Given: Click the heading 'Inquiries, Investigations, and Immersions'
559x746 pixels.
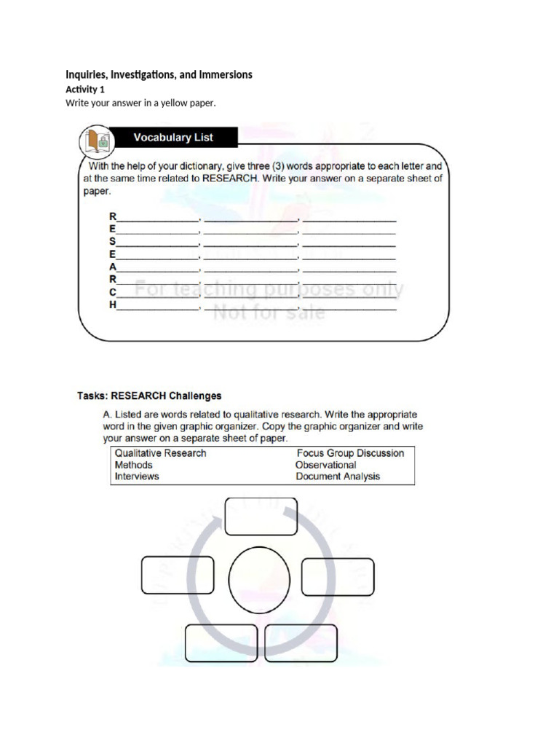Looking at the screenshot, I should pyautogui.click(x=159, y=74).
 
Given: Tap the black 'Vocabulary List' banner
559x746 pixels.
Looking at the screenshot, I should pyautogui.click(x=173, y=137).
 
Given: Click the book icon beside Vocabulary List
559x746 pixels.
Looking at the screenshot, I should pyautogui.click(x=97, y=141).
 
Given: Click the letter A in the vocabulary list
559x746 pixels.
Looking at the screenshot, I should pyautogui.click(x=113, y=267).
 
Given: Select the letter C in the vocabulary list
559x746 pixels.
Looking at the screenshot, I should pyautogui.click(x=113, y=292).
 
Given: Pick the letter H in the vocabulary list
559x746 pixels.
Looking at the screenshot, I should pyautogui.click(x=113, y=305).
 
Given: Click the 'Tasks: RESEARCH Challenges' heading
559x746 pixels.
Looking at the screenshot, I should pyautogui.click(x=149, y=396).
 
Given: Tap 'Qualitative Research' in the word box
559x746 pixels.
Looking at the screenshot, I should pyautogui.click(x=160, y=453).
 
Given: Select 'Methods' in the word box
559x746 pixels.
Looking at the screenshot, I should pyautogui.click(x=134, y=465).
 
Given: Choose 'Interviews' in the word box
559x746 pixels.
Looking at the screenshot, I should pyautogui.click(x=137, y=476).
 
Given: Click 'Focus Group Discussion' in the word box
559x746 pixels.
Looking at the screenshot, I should pyautogui.click(x=350, y=453).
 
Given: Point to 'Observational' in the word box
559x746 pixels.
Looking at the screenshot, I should pyautogui.click(x=325, y=465).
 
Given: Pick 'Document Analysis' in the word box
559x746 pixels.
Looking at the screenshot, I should pyautogui.click(x=338, y=476).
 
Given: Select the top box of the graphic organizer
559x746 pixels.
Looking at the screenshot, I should pyautogui.click(x=261, y=517).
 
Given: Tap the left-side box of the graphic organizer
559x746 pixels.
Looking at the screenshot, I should pyautogui.click(x=178, y=576).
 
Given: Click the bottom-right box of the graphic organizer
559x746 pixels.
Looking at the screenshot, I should pyautogui.click(x=301, y=643).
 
